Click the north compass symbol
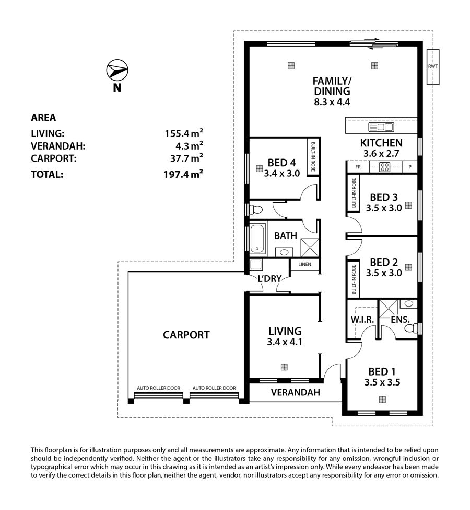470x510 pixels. pos(118,70)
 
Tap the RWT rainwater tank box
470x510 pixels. pos(432,67)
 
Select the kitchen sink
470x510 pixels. pos(381,127)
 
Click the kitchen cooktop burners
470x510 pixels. pos(385,167)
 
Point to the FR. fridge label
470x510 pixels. pos(359,167)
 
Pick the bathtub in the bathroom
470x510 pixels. pos(258,238)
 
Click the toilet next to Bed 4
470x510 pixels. pos(255,209)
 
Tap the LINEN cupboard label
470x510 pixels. pos(304,264)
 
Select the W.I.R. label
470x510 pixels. pos(362,320)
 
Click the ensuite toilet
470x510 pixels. pos(411,328)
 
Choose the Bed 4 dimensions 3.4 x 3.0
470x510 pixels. pos(281,173)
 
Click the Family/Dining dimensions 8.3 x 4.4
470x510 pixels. pos(332,102)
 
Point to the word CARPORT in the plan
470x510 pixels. pos(186,335)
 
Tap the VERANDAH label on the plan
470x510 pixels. pos(295,392)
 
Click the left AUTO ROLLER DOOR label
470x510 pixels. pos(159,388)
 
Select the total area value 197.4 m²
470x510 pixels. pos(183,174)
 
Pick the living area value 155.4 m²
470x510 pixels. pos(184,133)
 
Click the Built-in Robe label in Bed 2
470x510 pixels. pos(354,279)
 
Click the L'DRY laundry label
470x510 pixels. pos(269,279)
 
